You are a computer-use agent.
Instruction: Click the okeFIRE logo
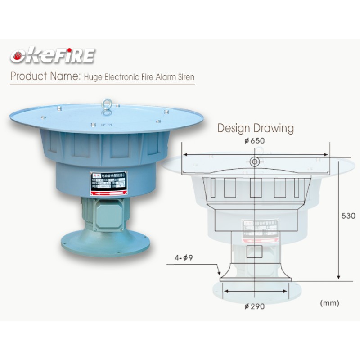pos(53,56)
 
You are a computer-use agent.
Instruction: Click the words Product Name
pos(44,76)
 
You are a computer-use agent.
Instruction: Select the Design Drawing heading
pos(256,128)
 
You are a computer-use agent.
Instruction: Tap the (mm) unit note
pos(329,303)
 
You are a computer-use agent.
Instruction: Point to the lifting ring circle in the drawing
pos(255,161)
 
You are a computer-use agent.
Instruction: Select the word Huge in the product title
pos(91,77)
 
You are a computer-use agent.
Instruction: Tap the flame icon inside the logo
pos(18,57)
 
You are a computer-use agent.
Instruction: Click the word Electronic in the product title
pos(119,77)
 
